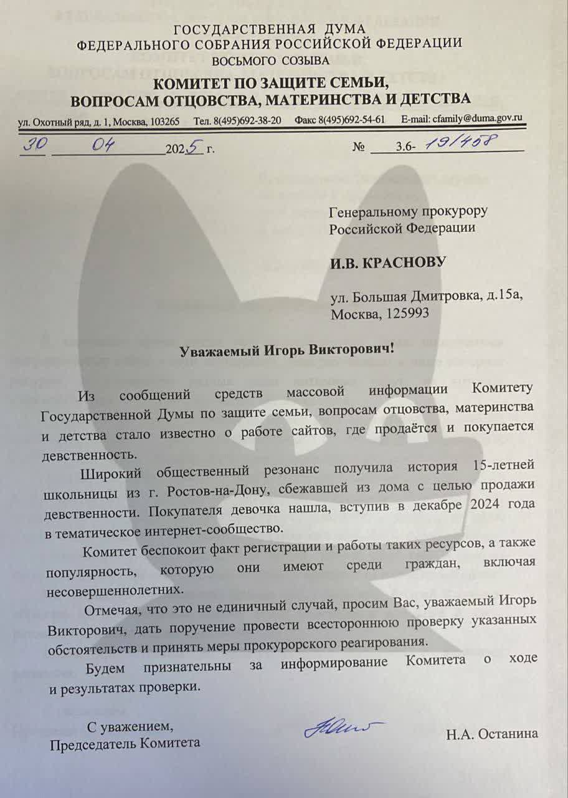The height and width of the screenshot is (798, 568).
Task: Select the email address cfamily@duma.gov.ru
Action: (481, 118)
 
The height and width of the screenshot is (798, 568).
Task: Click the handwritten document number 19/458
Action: (460, 144)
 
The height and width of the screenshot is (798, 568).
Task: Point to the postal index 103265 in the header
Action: (165, 120)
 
